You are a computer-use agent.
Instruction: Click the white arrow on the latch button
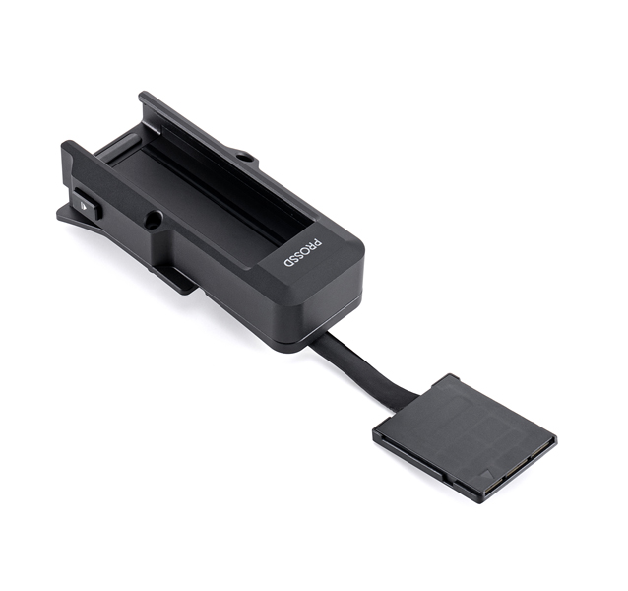[85, 207]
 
